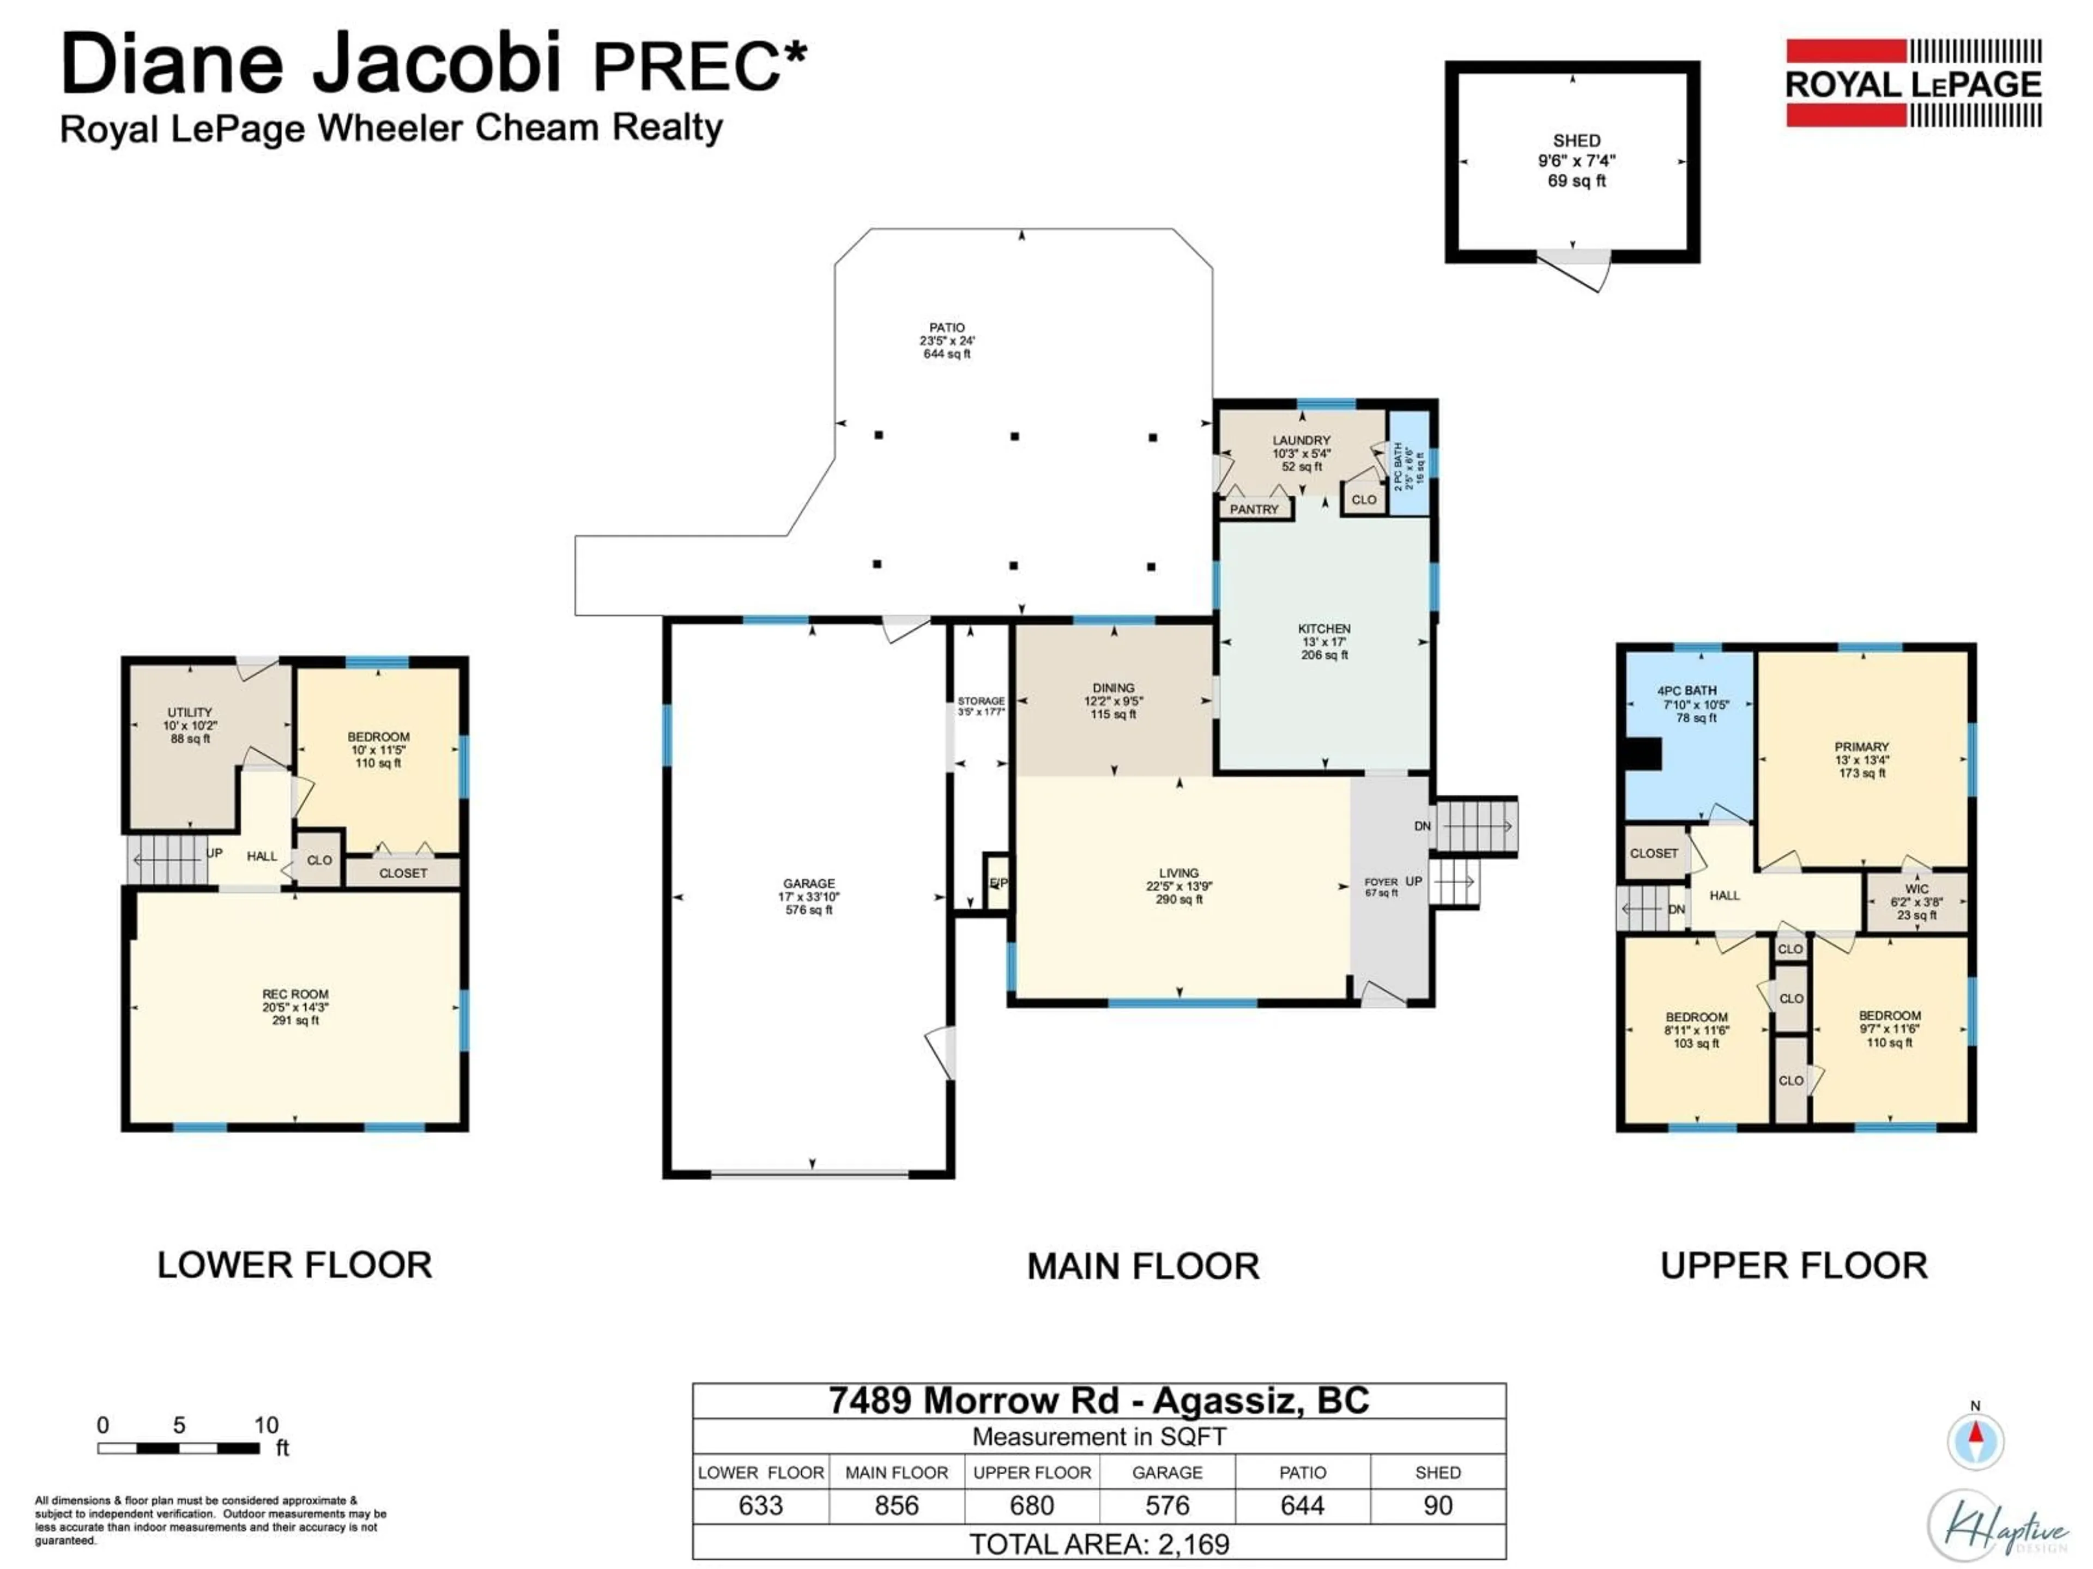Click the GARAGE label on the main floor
(x=808, y=883)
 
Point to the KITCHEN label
(x=1324, y=629)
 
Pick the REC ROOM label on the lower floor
(x=295, y=994)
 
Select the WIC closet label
(x=1916, y=889)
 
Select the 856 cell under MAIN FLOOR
(x=896, y=1506)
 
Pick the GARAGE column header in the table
(x=1166, y=1473)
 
